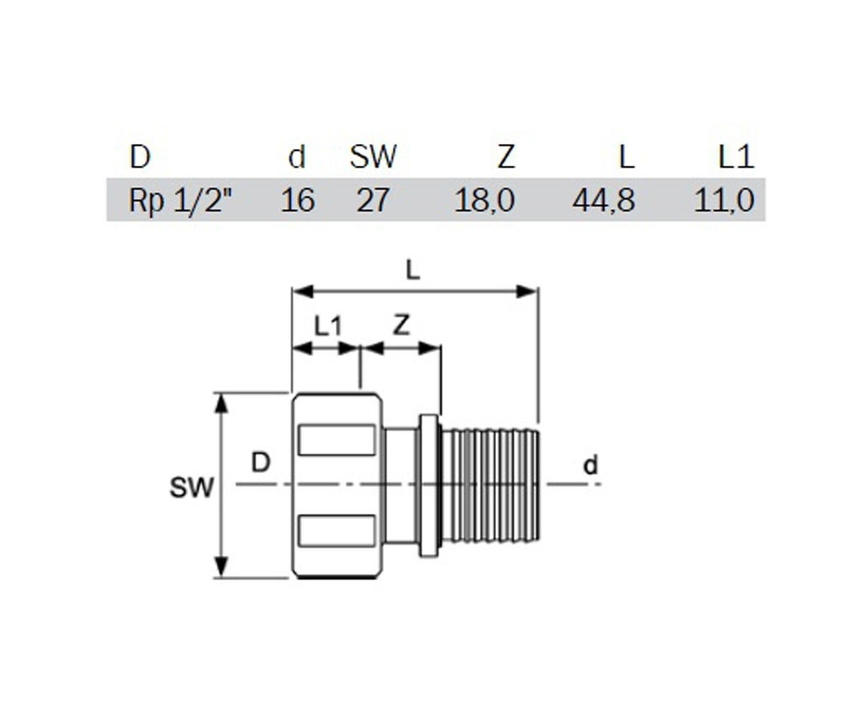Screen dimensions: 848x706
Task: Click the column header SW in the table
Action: pos(373,157)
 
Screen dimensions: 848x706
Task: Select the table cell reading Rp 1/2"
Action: pos(180,200)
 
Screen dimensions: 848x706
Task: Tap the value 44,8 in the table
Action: pos(603,200)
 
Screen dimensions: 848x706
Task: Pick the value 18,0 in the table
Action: pos(485,200)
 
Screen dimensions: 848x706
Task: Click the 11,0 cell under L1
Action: pos(724,200)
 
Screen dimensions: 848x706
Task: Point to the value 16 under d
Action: pos(298,200)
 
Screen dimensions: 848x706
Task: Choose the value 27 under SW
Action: pos(372,200)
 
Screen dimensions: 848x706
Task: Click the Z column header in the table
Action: pos(507,157)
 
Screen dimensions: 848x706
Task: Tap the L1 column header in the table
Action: pos(736,157)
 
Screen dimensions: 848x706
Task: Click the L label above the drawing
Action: pos(413,270)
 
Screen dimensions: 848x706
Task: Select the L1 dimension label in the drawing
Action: pos(328,326)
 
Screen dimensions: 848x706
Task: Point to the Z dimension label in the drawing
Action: pos(401,325)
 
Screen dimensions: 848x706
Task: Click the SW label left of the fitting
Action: pos(192,488)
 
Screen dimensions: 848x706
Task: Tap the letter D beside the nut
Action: pos(260,462)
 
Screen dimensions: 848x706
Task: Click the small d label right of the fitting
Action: pos(591,465)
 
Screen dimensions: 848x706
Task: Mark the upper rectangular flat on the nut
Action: pos(336,440)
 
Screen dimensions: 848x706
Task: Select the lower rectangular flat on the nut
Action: pos(336,530)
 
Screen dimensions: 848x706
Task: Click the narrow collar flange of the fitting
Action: pos(429,486)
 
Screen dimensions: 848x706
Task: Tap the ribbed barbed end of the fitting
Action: pos(490,486)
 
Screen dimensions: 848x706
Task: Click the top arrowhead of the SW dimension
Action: pos(221,403)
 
